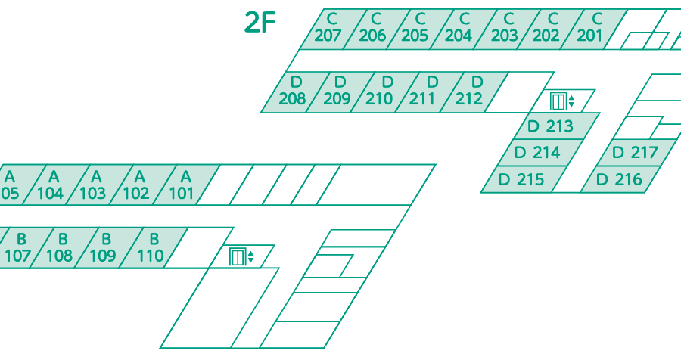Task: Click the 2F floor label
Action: (260, 23)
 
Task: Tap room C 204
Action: (463, 29)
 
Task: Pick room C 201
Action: (593, 29)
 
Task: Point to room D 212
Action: (474, 92)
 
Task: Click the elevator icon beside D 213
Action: (561, 101)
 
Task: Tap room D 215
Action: (524, 179)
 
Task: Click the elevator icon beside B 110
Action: (241, 256)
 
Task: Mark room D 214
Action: (541, 153)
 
